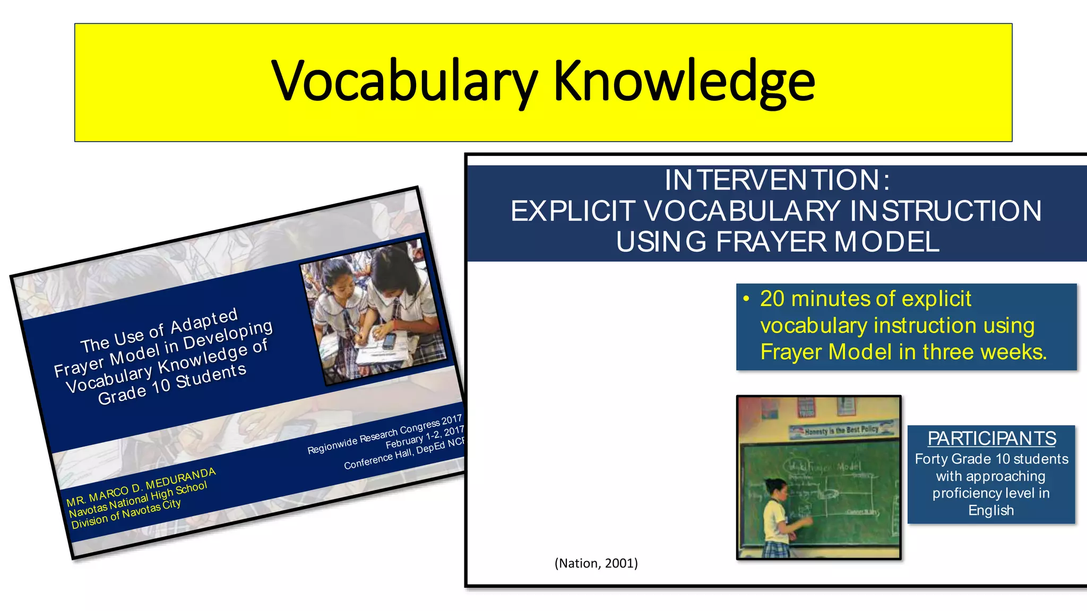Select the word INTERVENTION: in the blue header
(x=777, y=180)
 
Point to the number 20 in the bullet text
(x=772, y=299)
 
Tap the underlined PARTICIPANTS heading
(x=991, y=439)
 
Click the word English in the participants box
(x=991, y=510)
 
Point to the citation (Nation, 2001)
(x=596, y=563)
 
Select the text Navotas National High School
(x=138, y=500)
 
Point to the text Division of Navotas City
(x=126, y=513)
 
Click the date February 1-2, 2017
(x=425, y=437)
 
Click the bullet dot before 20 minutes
(x=746, y=299)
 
